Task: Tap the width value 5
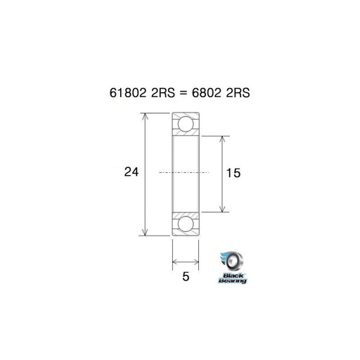click(x=186, y=276)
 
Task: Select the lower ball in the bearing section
click(x=186, y=223)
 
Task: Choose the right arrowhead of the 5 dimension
click(x=197, y=264)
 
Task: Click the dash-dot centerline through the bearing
click(x=186, y=172)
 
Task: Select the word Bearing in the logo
click(x=233, y=281)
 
